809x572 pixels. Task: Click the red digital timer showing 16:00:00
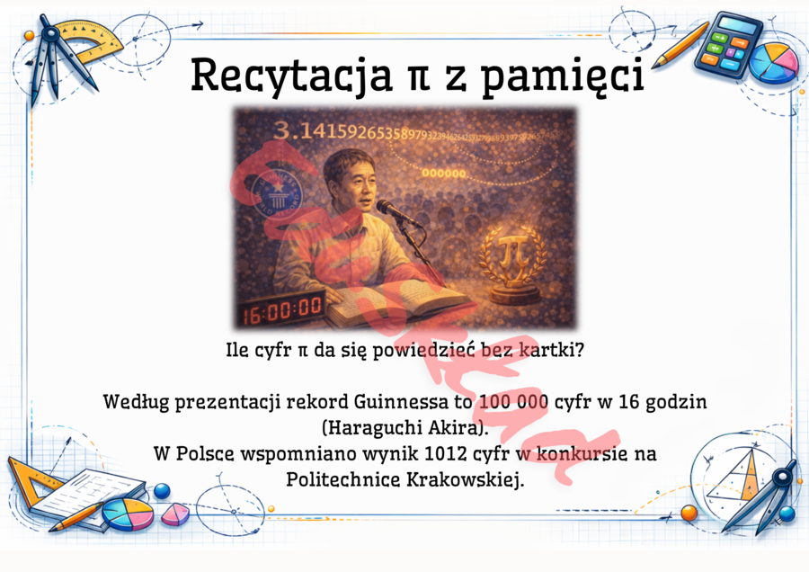(281, 308)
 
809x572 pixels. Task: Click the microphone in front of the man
(396, 212)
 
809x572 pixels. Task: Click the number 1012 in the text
(424, 454)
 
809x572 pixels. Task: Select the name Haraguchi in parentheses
(369, 425)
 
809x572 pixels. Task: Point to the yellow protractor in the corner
(85, 40)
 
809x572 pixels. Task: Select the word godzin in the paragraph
(676, 401)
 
